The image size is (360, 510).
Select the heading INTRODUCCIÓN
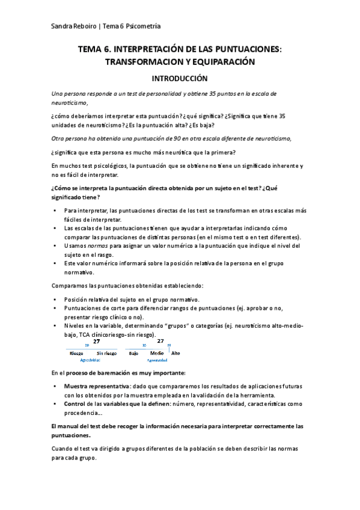180,78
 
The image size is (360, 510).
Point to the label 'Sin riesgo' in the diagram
106,353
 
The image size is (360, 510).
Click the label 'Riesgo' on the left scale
76,353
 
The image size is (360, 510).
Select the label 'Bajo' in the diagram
134,353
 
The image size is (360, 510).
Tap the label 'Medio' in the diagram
157,353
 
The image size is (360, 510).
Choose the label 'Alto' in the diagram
175,353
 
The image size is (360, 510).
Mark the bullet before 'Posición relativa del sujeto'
55,299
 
